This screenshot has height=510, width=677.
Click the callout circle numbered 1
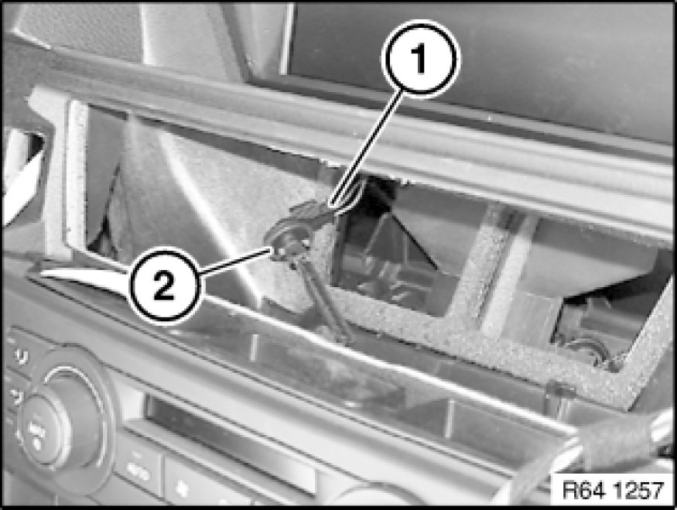(x=421, y=58)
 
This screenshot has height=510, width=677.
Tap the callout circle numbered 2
(x=165, y=285)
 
